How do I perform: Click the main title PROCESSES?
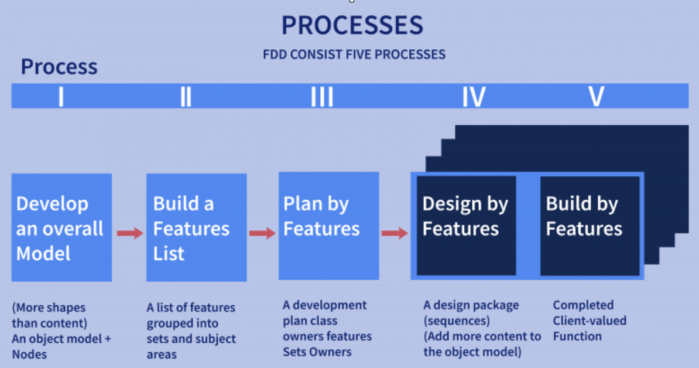click(x=352, y=25)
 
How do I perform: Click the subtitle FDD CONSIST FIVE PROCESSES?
click(x=354, y=54)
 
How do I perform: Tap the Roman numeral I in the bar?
click(x=61, y=96)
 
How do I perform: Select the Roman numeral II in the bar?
click(x=186, y=96)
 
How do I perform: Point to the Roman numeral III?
click(x=321, y=96)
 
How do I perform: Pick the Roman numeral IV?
click(x=473, y=96)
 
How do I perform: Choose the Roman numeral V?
click(x=596, y=96)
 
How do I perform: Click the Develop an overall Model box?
click(x=61, y=227)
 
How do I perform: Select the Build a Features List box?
click(x=196, y=227)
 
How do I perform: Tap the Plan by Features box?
click(x=328, y=226)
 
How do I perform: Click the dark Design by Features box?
click(x=466, y=226)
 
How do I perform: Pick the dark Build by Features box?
click(x=590, y=226)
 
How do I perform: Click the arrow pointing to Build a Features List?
click(x=129, y=233)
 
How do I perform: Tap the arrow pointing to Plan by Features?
click(x=262, y=233)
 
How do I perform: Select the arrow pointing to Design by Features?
click(x=395, y=233)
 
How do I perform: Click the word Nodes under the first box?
click(x=29, y=355)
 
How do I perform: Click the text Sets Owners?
click(x=317, y=352)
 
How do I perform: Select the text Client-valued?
click(x=590, y=321)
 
